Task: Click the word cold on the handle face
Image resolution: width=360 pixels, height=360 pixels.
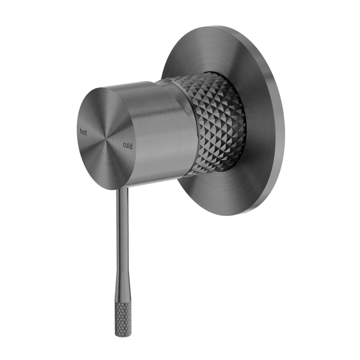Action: tap(128, 145)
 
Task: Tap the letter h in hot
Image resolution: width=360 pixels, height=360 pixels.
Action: tap(81, 131)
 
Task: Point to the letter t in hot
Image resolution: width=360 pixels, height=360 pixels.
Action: tap(86, 133)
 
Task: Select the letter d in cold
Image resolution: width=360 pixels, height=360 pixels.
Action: tap(131, 146)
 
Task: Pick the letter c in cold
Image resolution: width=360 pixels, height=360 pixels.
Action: tap(124, 145)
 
